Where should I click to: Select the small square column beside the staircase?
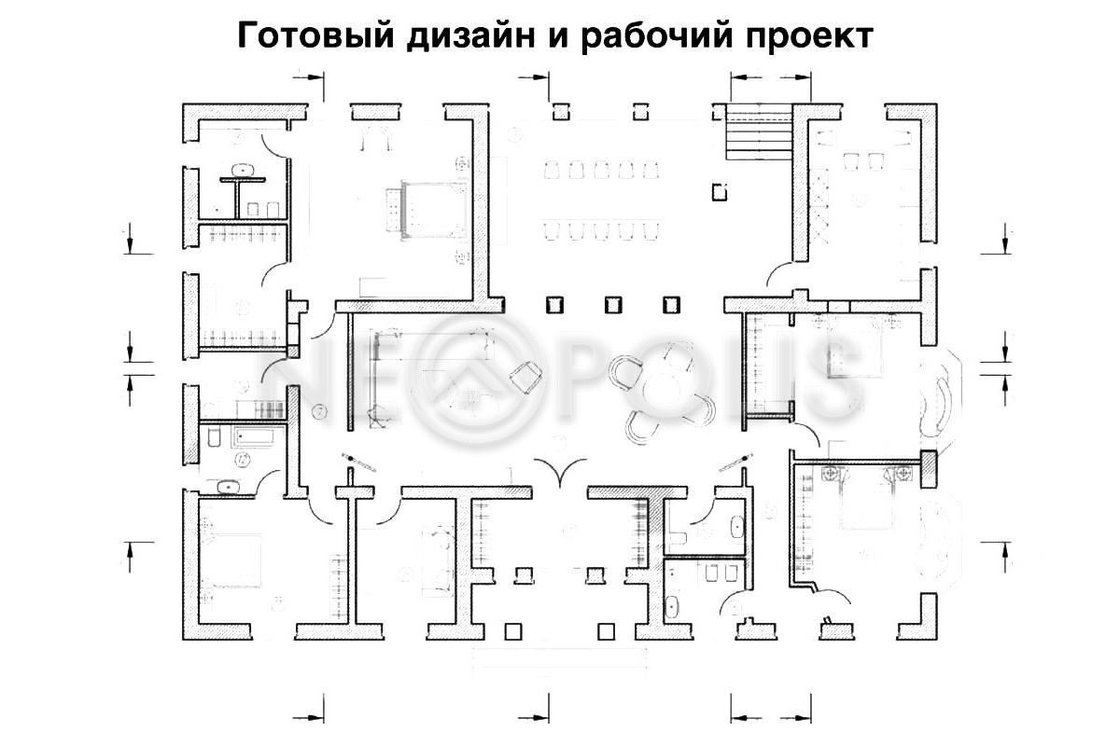(x=719, y=192)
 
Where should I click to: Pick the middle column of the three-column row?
(x=613, y=305)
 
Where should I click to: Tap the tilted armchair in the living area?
(x=526, y=377)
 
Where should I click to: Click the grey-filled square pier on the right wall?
(x=929, y=467)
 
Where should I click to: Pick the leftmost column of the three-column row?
(x=554, y=305)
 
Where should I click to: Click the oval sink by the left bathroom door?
(x=228, y=486)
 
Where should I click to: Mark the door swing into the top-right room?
(x=780, y=271)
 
